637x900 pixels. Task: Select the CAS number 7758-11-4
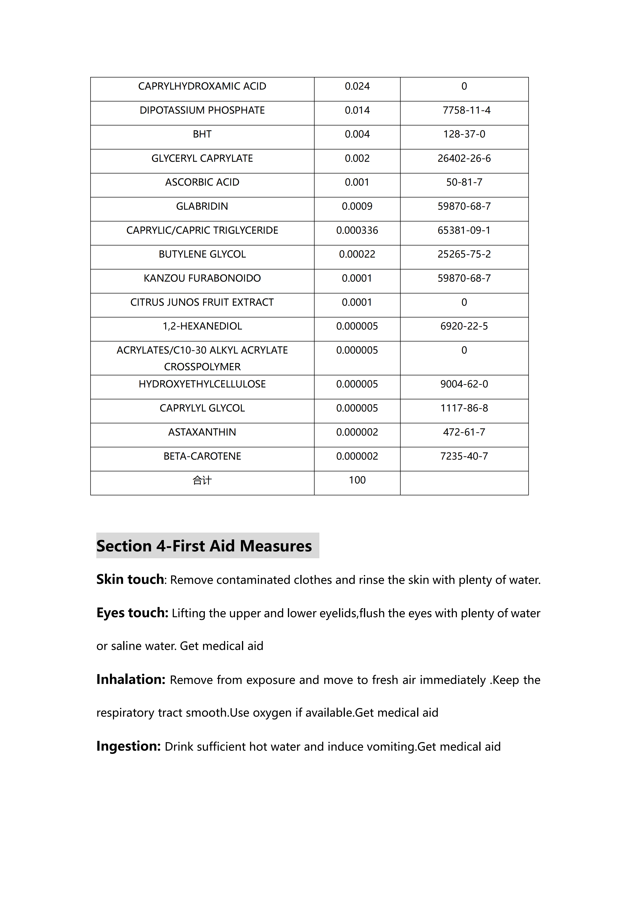coord(466,110)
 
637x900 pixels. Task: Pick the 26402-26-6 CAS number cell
coord(464,158)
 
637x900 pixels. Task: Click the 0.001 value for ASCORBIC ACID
coord(357,182)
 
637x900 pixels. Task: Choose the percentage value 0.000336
coord(357,231)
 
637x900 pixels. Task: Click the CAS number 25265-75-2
coord(464,254)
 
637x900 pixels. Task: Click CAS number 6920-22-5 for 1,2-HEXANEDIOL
coord(464,326)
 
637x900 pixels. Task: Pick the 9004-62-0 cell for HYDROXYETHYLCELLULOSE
coord(464,384)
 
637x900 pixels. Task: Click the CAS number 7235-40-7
coord(464,456)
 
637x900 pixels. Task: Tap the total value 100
coord(357,480)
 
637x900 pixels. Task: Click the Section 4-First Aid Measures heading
coord(204,546)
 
